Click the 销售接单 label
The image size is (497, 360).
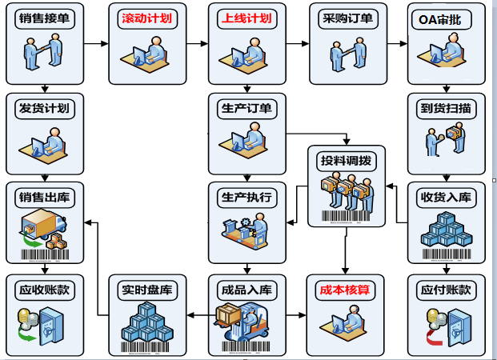[x=45, y=18]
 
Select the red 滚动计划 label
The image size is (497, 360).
[x=146, y=18]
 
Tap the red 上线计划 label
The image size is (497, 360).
[x=246, y=18]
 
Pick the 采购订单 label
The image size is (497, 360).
[x=347, y=18]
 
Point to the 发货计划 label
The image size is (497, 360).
[x=45, y=108]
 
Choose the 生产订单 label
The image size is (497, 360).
[x=246, y=108]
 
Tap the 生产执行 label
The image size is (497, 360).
[x=246, y=197]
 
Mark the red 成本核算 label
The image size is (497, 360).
[x=347, y=290]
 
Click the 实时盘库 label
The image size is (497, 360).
[x=146, y=290]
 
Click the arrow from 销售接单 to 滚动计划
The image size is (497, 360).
[x=96, y=44]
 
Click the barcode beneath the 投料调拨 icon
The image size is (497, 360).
[x=347, y=216]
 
